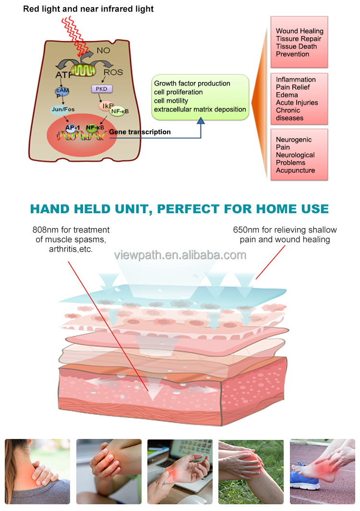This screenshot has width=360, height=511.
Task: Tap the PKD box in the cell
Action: (x=101, y=89)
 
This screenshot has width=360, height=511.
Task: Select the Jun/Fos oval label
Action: (x=64, y=109)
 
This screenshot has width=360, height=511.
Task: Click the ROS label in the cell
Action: (x=113, y=73)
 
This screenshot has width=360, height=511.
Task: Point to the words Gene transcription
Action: (x=140, y=132)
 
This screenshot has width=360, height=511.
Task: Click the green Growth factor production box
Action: (x=200, y=97)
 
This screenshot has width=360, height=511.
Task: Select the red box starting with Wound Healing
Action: (x=299, y=42)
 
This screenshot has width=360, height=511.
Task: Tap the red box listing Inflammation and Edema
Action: (x=299, y=98)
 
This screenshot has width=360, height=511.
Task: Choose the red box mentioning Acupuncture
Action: (x=299, y=155)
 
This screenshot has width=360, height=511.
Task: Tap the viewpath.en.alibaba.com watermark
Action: (x=180, y=255)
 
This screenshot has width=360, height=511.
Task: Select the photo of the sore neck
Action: (x=37, y=471)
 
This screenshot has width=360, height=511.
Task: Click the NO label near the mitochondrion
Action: (x=104, y=49)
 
